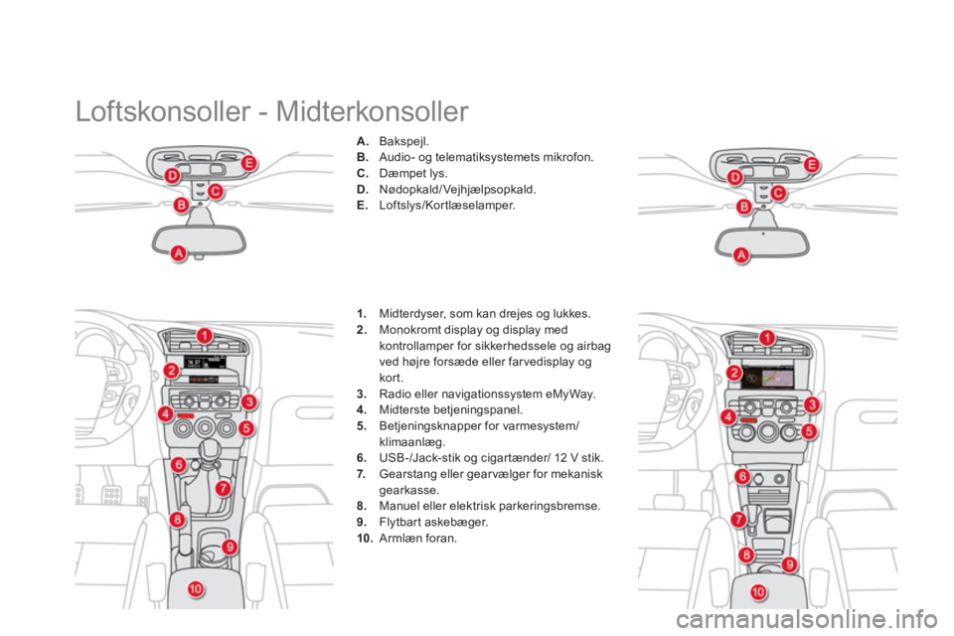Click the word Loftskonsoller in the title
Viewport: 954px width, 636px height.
click(163, 111)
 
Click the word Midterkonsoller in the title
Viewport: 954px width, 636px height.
click(373, 111)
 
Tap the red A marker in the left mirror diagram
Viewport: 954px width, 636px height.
click(178, 252)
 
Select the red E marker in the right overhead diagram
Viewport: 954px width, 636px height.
click(812, 165)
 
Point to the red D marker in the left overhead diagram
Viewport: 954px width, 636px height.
click(173, 177)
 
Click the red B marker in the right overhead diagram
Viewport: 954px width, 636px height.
click(744, 207)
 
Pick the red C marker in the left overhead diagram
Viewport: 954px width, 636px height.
click(215, 192)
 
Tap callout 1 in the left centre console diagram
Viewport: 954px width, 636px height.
click(205, 336)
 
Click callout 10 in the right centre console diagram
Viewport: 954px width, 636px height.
click(758, 592)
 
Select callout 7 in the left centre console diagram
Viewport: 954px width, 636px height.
click(224, 488)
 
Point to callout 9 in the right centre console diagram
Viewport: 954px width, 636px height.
click(789, 564)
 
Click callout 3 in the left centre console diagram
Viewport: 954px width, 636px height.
click(248, 401)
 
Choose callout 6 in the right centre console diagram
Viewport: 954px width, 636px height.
click(742, 476)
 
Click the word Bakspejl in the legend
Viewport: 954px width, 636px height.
click(403, 142)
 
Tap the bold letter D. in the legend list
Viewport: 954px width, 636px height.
click(362, 189)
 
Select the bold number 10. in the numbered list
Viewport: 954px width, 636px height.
click(365, 539)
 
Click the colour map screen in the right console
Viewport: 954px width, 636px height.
click(768, 377)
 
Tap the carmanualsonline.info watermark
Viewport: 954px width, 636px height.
click(806, 619)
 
